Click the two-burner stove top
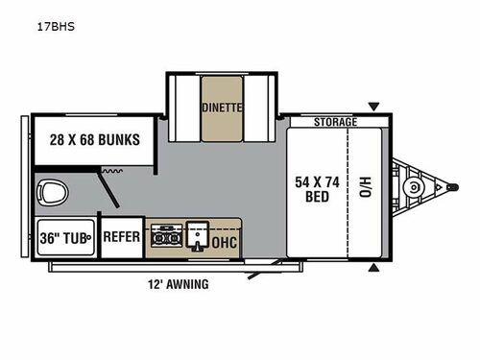point(169,235)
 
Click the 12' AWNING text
point(177,284)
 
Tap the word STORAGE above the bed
point(336,122)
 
